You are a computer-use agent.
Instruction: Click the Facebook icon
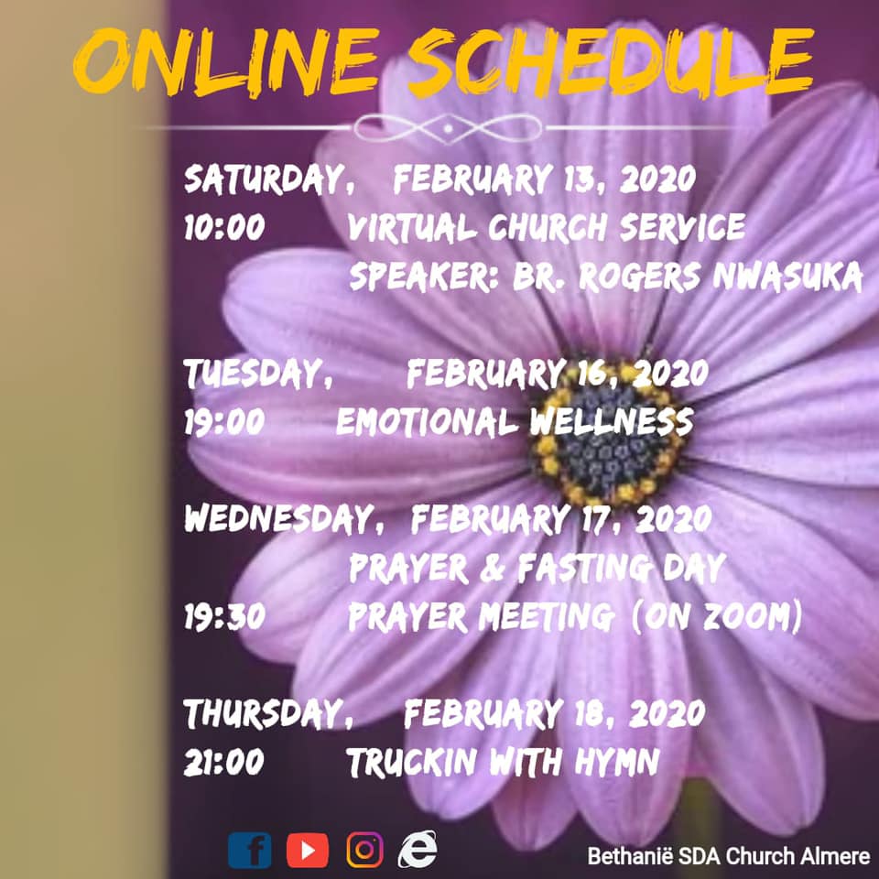[249, 851]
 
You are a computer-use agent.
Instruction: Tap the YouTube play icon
[308, 851]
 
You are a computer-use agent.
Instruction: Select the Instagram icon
[365, 850]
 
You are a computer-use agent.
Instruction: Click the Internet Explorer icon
[418, 849]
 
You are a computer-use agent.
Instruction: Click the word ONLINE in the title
[227, 60]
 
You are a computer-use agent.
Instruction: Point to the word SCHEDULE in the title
[610, 60]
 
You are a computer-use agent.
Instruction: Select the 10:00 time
[224, 228]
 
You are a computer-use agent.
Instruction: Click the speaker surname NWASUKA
[787, 276]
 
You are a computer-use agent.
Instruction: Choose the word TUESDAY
[258, 374]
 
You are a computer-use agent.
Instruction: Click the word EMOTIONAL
[427, 421]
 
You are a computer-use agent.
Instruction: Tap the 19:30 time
[224, 617]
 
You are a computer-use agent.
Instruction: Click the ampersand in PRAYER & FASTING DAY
[492, 568]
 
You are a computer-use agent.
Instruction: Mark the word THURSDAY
[268, 713]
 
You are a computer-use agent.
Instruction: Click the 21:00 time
[223, 763]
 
